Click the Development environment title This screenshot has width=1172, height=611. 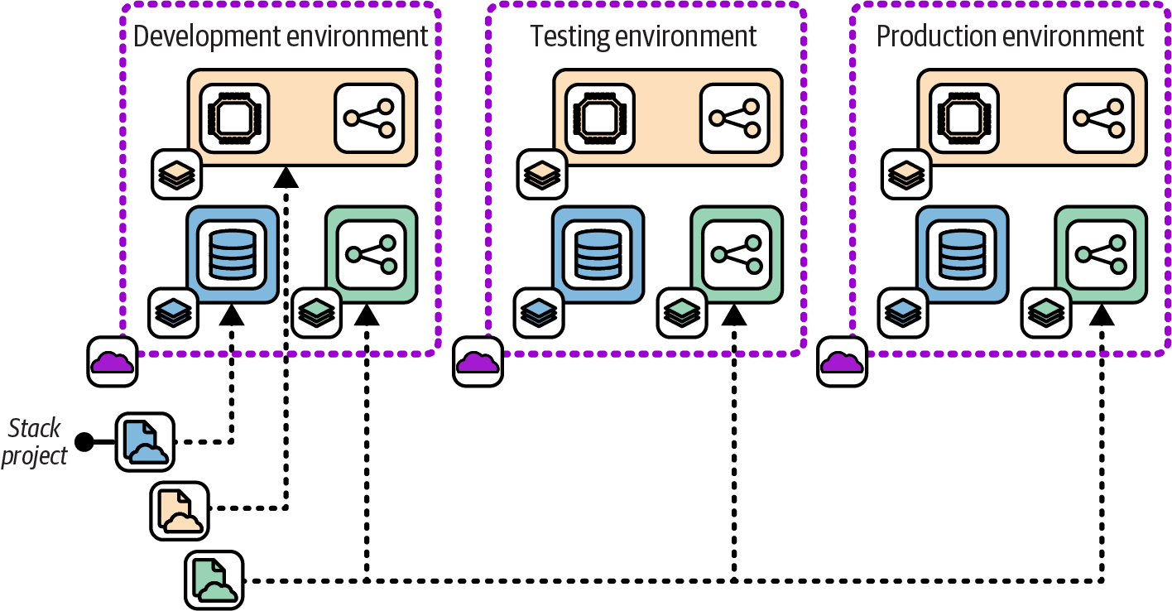(281, 36)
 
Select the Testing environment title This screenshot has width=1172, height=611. (643, 36)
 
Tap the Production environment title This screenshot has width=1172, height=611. (1010, 36)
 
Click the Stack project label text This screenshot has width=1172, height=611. (35, 442)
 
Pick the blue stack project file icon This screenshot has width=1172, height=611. (146, 441)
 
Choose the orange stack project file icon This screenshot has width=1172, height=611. (180, 511)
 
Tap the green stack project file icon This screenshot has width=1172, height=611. (214, 580)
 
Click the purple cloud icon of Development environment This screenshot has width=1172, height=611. (113, 361)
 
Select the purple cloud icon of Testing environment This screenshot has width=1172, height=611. (478, 361)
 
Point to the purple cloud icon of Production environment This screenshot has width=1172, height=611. (843, 361)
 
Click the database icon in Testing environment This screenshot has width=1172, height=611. (598, 253)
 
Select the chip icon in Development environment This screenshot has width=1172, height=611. (235, 118)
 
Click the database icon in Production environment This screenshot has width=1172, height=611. (962, 253)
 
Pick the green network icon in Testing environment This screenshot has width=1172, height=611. (735, 253)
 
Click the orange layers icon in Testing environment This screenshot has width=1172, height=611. (541, 174)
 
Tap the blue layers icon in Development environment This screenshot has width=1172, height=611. (173, 313)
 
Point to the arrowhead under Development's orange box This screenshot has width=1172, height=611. (286, 176)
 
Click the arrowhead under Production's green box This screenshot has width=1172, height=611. (1101, 315)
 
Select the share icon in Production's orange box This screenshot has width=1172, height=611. (1098, 118)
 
